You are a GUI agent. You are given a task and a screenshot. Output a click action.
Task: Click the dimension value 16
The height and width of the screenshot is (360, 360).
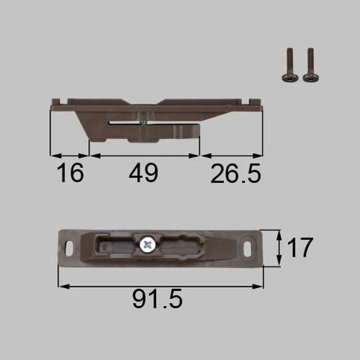point(70,174)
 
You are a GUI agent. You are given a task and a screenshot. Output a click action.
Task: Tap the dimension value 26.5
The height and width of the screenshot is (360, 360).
point(236,174)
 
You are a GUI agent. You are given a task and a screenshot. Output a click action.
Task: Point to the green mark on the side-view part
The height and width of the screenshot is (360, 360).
point(142,122)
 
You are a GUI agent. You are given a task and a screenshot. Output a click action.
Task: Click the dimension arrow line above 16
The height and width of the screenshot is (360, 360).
point(70,155)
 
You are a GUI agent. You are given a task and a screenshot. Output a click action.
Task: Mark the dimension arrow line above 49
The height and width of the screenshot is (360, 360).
point(144,155)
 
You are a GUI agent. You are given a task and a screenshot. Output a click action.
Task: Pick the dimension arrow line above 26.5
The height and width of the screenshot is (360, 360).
point(232,155)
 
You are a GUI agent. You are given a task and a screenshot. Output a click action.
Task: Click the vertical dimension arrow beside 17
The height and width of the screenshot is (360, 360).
point(279,246)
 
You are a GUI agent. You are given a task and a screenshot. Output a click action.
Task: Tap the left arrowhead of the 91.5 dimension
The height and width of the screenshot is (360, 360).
point(61,286)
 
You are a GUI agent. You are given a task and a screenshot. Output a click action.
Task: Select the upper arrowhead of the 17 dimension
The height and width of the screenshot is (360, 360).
point(279,233)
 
